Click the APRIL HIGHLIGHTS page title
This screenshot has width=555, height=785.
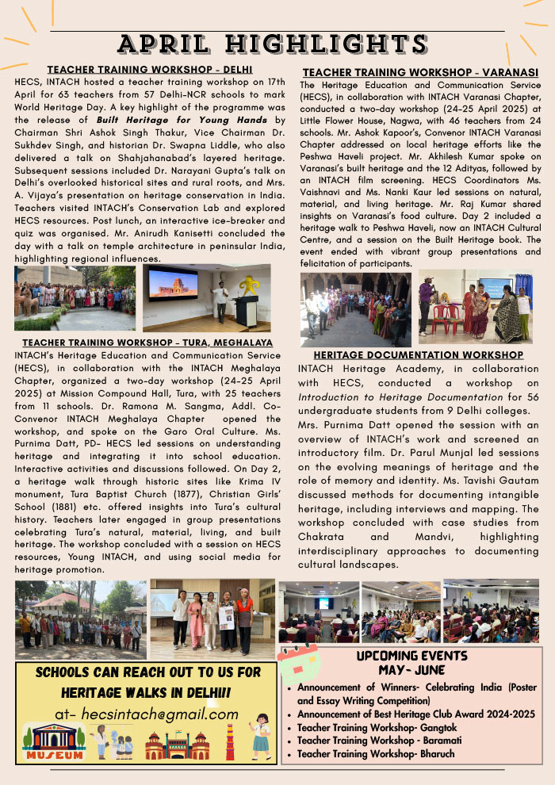pyautogui.click(x=277, y=43)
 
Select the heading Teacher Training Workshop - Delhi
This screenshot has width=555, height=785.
pyautogui.click(x=150, y=70)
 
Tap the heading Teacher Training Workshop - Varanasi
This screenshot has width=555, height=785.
pyautogui.click(x=420, y=72)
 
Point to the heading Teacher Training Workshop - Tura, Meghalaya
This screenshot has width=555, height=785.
pyautogui.click(x=147, y=343)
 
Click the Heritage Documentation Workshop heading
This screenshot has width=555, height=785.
pyautogui.click(x=418, y=355)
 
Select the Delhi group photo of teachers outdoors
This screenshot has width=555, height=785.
pyautogui.click(x=75, y=298)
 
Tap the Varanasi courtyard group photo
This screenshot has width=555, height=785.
pyautogui.click(x=355, y=309)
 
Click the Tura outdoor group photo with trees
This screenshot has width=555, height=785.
pyautogui.click(x=80, y=619)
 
